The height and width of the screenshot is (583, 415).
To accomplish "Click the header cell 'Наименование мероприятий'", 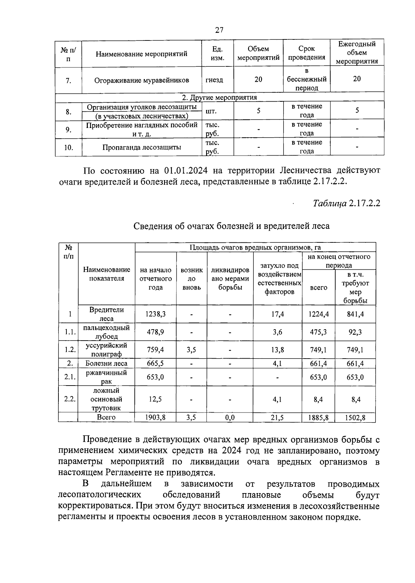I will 141,54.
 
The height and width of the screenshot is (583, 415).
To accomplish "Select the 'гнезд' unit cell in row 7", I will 214,80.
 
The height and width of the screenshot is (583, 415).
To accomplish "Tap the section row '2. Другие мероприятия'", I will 219,97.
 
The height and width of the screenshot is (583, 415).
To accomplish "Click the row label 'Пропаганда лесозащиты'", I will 141,148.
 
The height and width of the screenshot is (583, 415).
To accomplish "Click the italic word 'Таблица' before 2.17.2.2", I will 330,203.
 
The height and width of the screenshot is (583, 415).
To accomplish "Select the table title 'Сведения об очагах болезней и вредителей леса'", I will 231,226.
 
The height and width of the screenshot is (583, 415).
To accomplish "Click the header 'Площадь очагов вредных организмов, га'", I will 255,248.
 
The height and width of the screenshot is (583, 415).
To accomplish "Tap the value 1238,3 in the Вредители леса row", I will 155,314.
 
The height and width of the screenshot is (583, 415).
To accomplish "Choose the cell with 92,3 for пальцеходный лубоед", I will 355,332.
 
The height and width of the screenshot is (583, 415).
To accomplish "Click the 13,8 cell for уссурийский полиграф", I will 278,350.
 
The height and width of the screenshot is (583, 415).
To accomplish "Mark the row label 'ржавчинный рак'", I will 107,377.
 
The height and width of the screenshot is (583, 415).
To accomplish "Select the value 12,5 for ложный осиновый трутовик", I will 155,399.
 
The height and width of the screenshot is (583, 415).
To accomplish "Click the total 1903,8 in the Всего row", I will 155,418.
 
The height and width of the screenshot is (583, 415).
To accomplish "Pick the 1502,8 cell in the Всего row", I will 355,418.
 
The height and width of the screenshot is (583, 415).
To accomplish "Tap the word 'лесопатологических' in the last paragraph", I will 100,495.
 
